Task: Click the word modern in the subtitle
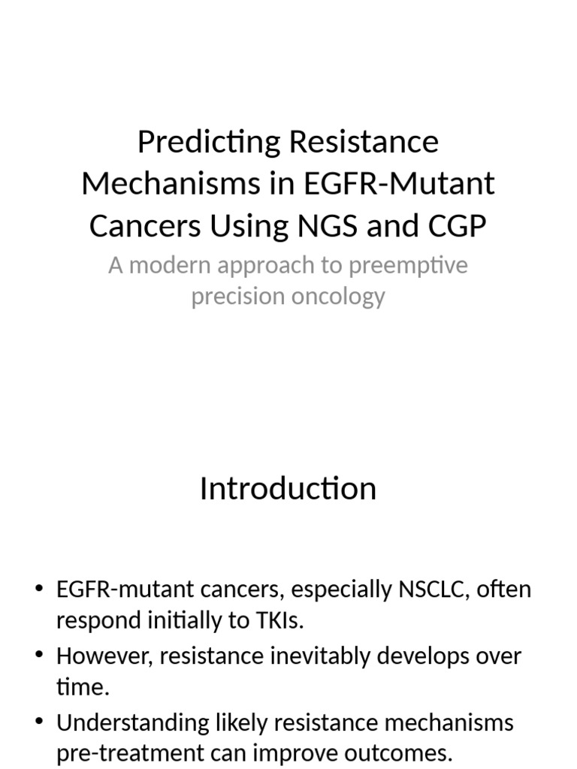pos(167,266)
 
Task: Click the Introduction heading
pos(288,489)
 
